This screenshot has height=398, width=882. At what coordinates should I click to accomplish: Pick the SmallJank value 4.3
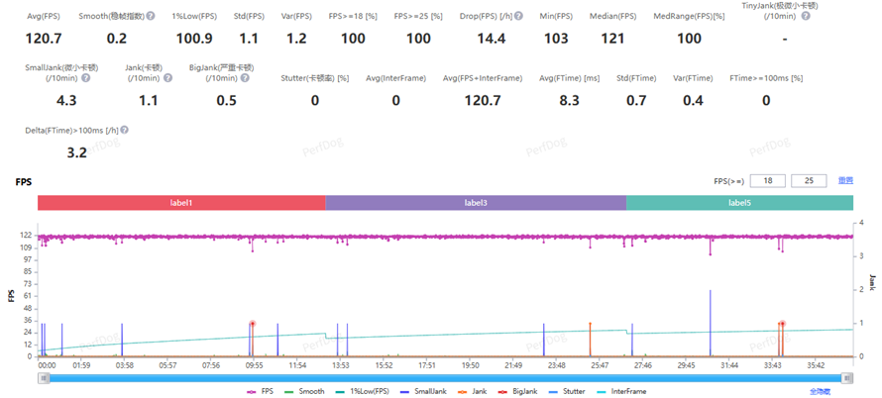coord(67,100)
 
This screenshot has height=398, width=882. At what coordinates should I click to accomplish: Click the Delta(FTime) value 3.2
coord(77,152)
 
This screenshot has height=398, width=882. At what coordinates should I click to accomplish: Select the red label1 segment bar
coord(181,202)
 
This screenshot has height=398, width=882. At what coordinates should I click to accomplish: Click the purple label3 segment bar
coord(476,202)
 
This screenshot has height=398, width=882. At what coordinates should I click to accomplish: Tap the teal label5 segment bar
coord(739,202)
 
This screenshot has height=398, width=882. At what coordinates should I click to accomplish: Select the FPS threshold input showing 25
coord(809,180)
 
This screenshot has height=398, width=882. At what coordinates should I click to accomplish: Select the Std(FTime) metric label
coord(636,77)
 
